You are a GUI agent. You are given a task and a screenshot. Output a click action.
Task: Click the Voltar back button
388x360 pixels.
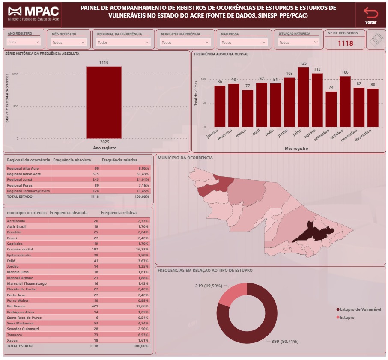370,15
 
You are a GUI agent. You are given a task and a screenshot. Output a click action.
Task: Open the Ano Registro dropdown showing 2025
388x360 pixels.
24,42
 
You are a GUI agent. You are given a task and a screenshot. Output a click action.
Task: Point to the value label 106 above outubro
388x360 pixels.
345,72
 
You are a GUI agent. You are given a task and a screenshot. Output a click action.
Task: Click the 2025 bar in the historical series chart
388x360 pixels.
104,102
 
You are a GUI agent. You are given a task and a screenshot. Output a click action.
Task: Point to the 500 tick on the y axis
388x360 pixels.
15,106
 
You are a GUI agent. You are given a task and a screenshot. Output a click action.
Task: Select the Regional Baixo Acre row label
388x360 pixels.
24,174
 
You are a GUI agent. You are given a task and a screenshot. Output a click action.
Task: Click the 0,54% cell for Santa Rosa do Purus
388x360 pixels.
143,318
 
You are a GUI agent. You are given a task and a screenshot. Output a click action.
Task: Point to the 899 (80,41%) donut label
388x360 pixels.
285,341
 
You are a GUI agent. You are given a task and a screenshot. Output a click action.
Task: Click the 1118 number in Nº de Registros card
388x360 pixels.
345,43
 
